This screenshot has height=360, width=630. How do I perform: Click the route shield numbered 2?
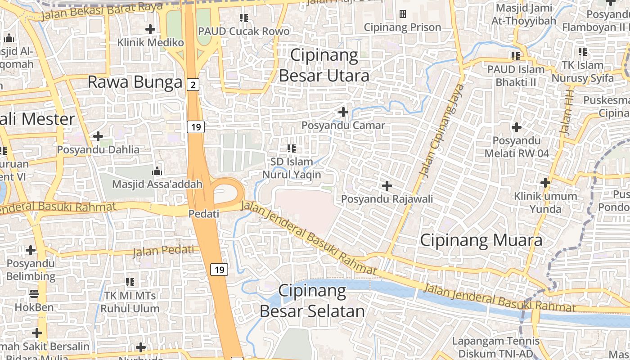tap(193, 84)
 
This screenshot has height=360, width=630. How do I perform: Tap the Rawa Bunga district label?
tap(135, 82)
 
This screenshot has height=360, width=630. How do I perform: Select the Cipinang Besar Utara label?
tap(324, 65)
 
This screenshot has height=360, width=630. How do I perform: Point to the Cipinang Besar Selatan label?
tap(312, 301)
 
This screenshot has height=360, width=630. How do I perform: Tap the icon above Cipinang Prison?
tap(403, 14)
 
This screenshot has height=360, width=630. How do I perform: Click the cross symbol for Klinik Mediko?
tap(150, 30)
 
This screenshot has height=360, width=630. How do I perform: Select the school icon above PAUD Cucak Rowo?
tap(244, 18)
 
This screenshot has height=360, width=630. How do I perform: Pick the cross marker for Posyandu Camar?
tap(343, 112)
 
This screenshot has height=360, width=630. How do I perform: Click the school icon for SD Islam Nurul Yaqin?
tap(292, 148)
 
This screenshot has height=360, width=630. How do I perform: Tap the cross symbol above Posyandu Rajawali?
tap(387, 185)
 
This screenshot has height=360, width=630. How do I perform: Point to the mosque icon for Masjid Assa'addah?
tap(157, 171)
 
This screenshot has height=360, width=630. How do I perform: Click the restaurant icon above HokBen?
tap(34, 294)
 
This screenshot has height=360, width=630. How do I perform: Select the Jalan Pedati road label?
tap(163, 250)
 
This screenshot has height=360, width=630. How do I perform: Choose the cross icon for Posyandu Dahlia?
tap(98, 136)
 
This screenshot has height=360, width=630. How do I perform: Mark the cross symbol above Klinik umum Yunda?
tap(545, 183)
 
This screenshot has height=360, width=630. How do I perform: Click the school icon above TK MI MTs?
tap(130, 282)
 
